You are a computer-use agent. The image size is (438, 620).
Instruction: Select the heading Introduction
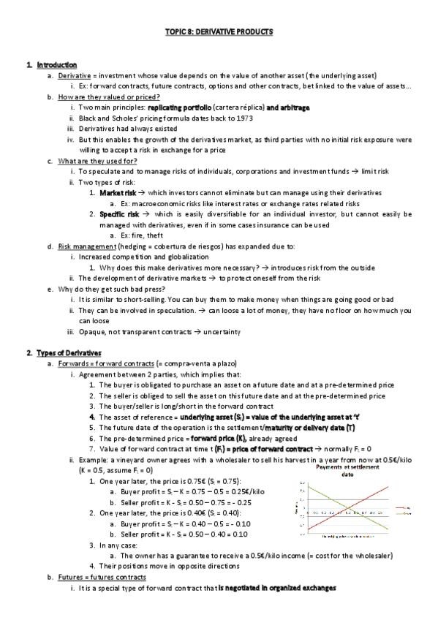click(x=57, y=65)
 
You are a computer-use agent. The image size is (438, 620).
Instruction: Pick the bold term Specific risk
click(x=119, y=214)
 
